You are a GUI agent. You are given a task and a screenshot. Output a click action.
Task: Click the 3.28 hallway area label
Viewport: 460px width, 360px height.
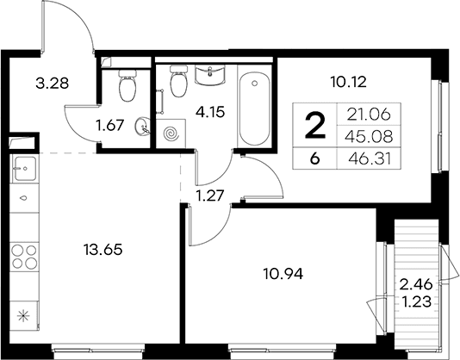click(x=52, y=84)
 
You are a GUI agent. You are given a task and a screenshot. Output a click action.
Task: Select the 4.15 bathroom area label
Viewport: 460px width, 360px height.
click(x=211, y=112)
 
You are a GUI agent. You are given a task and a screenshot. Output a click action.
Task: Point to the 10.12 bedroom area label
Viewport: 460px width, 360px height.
click(x=349, y=82)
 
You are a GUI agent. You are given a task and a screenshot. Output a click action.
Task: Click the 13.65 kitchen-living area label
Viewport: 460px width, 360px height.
click(x=103, y=250)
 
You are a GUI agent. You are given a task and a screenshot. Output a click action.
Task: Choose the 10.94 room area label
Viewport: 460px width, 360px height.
click(x=283, y=274)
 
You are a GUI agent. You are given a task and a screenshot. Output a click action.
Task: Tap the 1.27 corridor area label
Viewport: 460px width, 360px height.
click(x=210, y=196)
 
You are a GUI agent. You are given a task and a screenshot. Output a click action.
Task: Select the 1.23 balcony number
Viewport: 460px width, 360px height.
click(x=417, y=301)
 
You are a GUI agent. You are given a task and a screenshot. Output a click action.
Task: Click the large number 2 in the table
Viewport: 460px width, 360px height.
click(x=315, y=126)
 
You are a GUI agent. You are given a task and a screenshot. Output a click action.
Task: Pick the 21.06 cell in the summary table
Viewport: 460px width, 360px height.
click(x=369, y=115)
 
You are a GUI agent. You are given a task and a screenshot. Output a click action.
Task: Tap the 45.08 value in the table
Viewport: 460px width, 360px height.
click(x=369, y=136)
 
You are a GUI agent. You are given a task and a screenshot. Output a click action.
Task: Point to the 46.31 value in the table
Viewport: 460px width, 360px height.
click(x=370, y=160)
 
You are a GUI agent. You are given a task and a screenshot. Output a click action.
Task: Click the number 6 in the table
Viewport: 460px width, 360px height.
click(x=314, y=159)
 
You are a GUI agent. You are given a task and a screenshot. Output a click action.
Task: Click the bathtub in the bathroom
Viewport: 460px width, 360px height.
click(x=254, y=109)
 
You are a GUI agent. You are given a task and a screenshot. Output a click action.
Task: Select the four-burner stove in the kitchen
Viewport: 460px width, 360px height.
click(x=24, y=257)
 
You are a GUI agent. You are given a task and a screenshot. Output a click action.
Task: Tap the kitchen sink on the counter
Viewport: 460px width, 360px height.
click(x=25, y=169)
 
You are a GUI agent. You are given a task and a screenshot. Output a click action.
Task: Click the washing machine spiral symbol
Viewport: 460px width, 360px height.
click(x=171, y=134)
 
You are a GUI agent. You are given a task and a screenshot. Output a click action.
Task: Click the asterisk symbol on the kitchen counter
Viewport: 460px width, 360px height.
click(x=23, y=316)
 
